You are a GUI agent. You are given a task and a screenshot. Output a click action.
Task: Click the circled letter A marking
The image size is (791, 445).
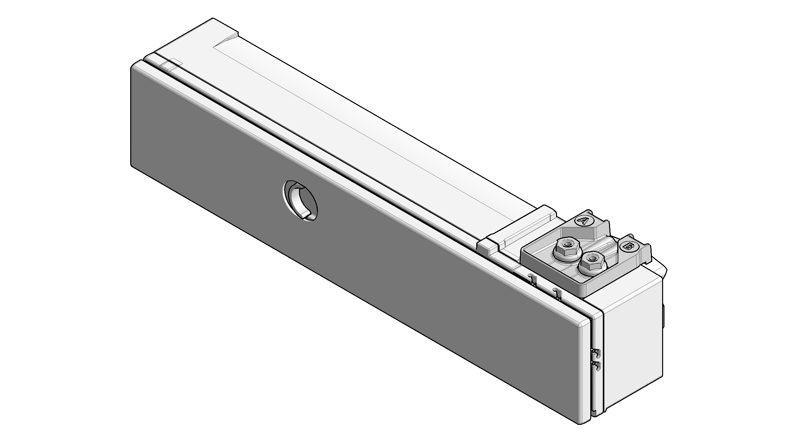[583, 220]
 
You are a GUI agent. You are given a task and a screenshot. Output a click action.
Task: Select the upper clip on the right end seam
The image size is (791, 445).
[596, 354]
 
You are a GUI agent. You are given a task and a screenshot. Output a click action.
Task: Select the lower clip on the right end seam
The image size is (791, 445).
[596, 366]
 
